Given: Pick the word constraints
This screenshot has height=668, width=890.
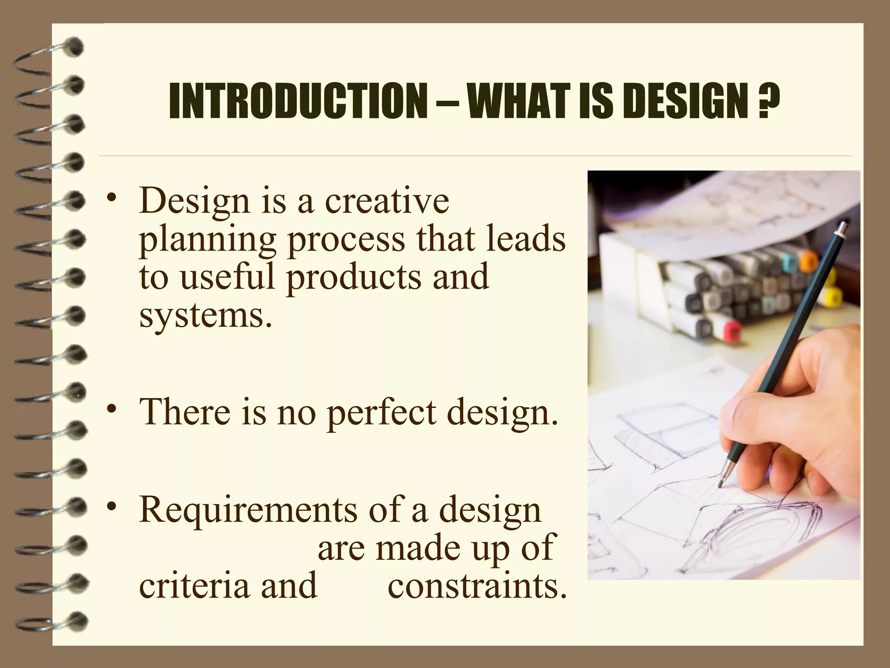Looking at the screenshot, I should [x=477, y=585].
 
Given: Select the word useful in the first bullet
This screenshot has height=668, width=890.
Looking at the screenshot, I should [x=228, y=277].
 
